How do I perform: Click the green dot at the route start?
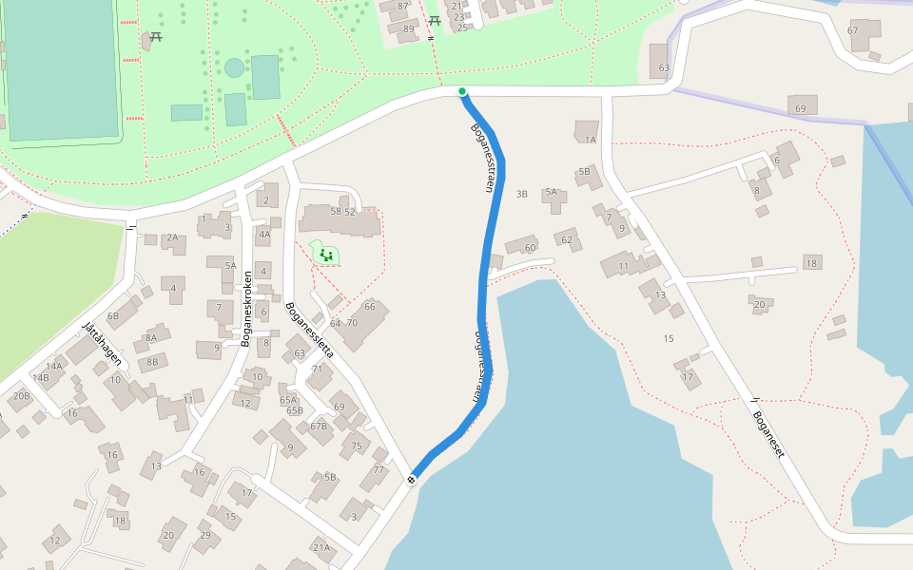[462, 91]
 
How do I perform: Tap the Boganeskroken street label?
[245, 309]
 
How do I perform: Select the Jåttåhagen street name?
[102, 343]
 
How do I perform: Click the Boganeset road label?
[768, 434]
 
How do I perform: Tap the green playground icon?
[325, 254]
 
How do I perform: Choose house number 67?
[852, 30]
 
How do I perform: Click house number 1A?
[590, 140]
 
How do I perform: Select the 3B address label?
[521, 194]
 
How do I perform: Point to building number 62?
[567, 239]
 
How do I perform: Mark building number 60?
[530, 248]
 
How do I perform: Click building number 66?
[369, 306]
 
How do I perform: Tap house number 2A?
[172, 237]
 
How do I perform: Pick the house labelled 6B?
[113, 315]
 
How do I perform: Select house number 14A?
[54, 366]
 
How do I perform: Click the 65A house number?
[288, 400]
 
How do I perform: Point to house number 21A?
[321, 546]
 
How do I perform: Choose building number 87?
[402, 6]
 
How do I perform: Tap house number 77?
[379, 469]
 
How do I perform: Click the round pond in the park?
[234, 67]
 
